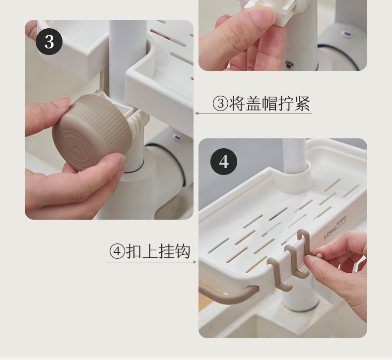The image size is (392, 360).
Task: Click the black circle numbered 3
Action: point(49,42)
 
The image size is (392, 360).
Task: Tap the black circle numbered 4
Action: point(224,162)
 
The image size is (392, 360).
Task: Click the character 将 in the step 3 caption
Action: point(237,103)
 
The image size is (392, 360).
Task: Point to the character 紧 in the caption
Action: point(303,103)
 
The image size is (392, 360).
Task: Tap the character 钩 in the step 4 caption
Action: point(183,251)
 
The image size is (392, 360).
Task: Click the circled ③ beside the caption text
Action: point(220,104)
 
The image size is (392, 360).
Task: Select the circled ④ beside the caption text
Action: point(117,251)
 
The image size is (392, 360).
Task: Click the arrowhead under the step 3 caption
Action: point(196,114)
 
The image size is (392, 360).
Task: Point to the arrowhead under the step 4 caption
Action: point(195,262)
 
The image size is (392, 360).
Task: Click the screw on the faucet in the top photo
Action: point(289,64)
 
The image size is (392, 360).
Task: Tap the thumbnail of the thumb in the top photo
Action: point(262,15)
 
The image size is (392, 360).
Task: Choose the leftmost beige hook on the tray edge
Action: point(278,274)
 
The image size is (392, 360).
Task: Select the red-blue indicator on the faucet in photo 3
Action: point(177,137)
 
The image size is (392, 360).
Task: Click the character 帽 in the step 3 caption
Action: point(270,103)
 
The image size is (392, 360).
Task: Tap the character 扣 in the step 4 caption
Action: point(133,251)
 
